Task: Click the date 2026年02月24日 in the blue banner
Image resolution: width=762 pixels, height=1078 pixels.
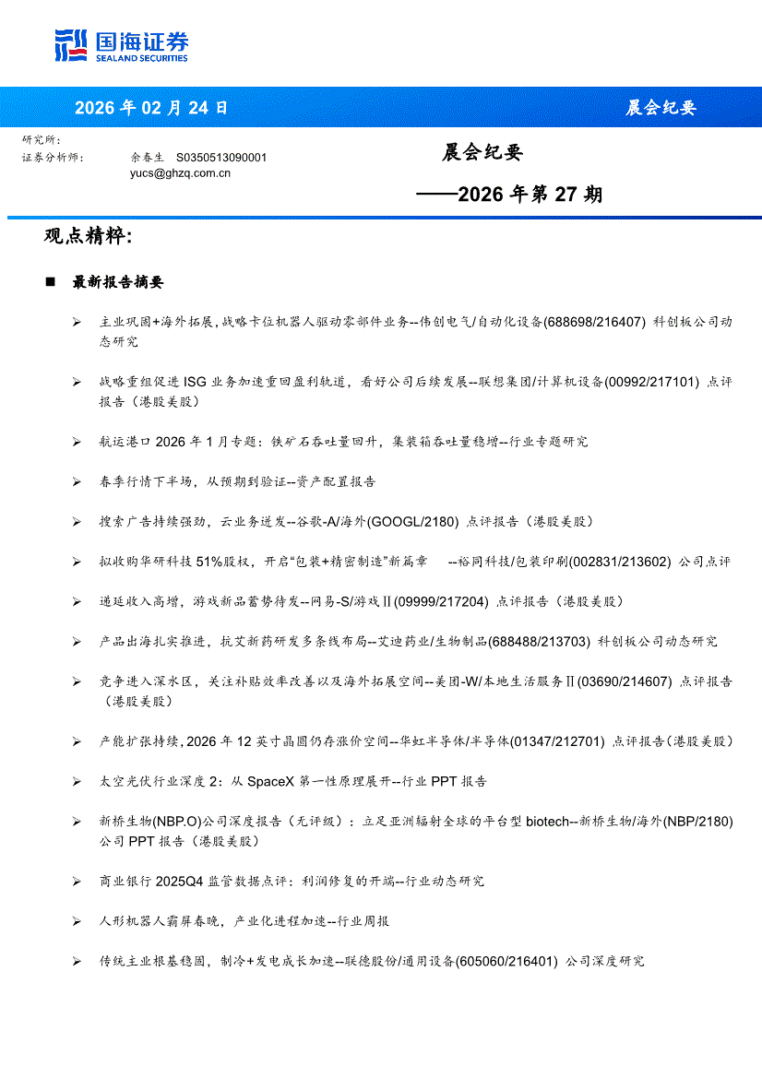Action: [151, 108]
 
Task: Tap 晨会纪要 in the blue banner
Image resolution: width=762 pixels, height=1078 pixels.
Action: [661, 108]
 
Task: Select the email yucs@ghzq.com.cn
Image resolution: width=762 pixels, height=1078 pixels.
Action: [180, 172]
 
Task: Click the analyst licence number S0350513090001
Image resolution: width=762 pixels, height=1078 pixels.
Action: [221, 158]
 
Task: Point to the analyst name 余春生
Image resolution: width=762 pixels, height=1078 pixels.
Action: [148, 158]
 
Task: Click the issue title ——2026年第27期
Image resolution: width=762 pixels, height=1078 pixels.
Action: [509, 195]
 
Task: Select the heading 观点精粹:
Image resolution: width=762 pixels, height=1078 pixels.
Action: [89, 237]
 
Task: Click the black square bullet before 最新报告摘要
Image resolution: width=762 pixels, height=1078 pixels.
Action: [51, 282]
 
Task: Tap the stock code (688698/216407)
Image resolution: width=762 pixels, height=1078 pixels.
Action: [594, 322]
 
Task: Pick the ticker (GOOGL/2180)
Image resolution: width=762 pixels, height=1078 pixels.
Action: [412, 522]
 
